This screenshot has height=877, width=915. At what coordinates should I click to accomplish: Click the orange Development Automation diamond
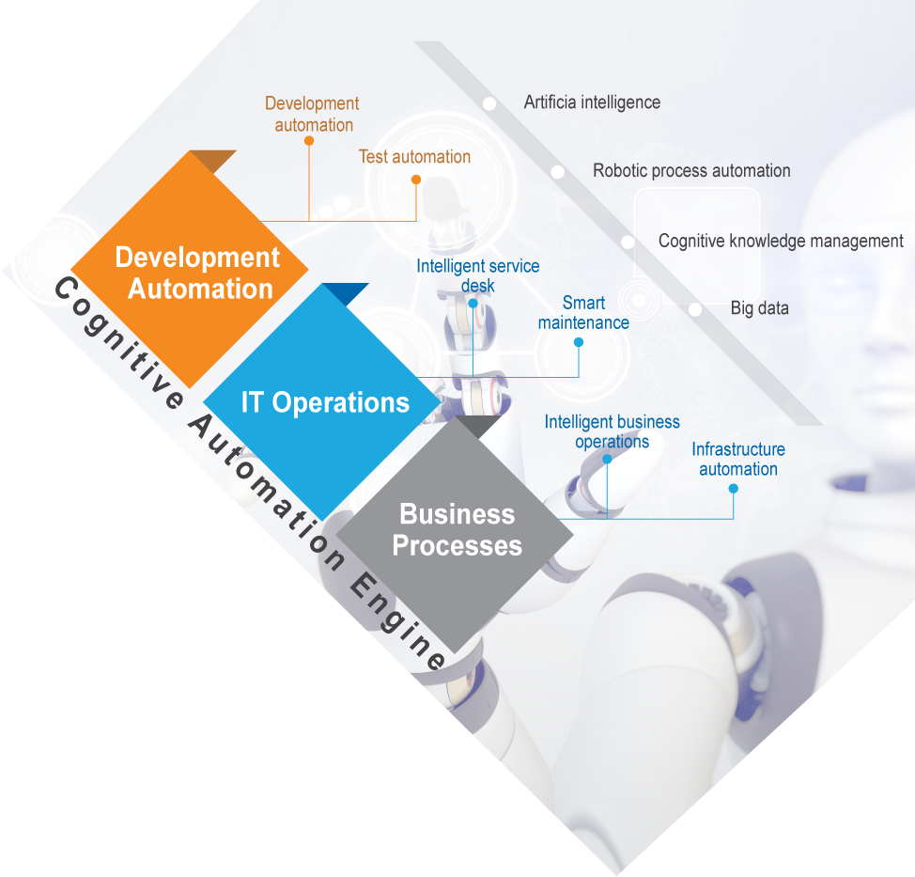(x=190, y=269)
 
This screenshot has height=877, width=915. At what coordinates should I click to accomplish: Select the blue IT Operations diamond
(x=322, y=402)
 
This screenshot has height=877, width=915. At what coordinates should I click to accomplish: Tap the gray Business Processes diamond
(x=455, y=534)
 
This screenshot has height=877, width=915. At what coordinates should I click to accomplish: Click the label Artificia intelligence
(x=592, y=102)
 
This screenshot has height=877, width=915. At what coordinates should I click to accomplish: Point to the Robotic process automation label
(x=691, y=170)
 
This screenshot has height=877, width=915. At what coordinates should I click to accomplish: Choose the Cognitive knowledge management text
(x=781, y=242)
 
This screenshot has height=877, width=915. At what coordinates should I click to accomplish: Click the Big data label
(x=759, y=308)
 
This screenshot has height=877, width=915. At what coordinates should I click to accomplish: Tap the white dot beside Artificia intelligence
(x=489, y=104)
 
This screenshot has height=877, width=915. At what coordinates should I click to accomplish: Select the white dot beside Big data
(x=695, y=309)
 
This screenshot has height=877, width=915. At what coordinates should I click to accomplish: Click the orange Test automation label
(x=414, y=156)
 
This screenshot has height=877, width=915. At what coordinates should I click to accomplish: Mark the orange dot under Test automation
(x=416, y=180)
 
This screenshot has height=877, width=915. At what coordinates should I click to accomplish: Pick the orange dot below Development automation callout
(x=309, y=141)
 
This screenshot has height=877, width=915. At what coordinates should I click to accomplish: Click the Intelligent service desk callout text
(x=478, y=275)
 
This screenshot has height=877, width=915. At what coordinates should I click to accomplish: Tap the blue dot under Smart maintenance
(x=579, y=342)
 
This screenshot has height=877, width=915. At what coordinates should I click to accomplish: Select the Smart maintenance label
(x=583, y=312)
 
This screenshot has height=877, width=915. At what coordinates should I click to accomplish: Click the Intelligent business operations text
(x=613, y=431)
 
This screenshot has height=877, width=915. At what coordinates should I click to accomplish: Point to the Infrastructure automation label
(x=738, y=459)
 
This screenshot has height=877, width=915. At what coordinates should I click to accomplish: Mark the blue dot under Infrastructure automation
(x=734, y=489)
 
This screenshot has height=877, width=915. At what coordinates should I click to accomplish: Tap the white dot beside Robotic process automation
(x=558, y=172)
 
